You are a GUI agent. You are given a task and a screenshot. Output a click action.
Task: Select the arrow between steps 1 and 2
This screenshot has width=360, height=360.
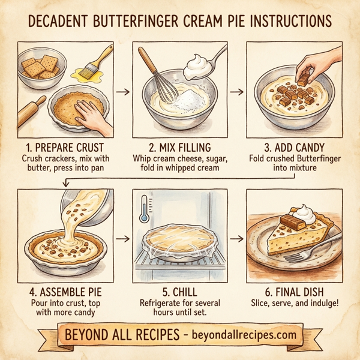(x=122, y=92)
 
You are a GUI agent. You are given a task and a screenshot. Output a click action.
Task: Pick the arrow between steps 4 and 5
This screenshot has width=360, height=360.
(x=122, y=239)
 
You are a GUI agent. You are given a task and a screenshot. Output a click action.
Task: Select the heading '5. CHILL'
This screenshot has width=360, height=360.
(x=180, y=292)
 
